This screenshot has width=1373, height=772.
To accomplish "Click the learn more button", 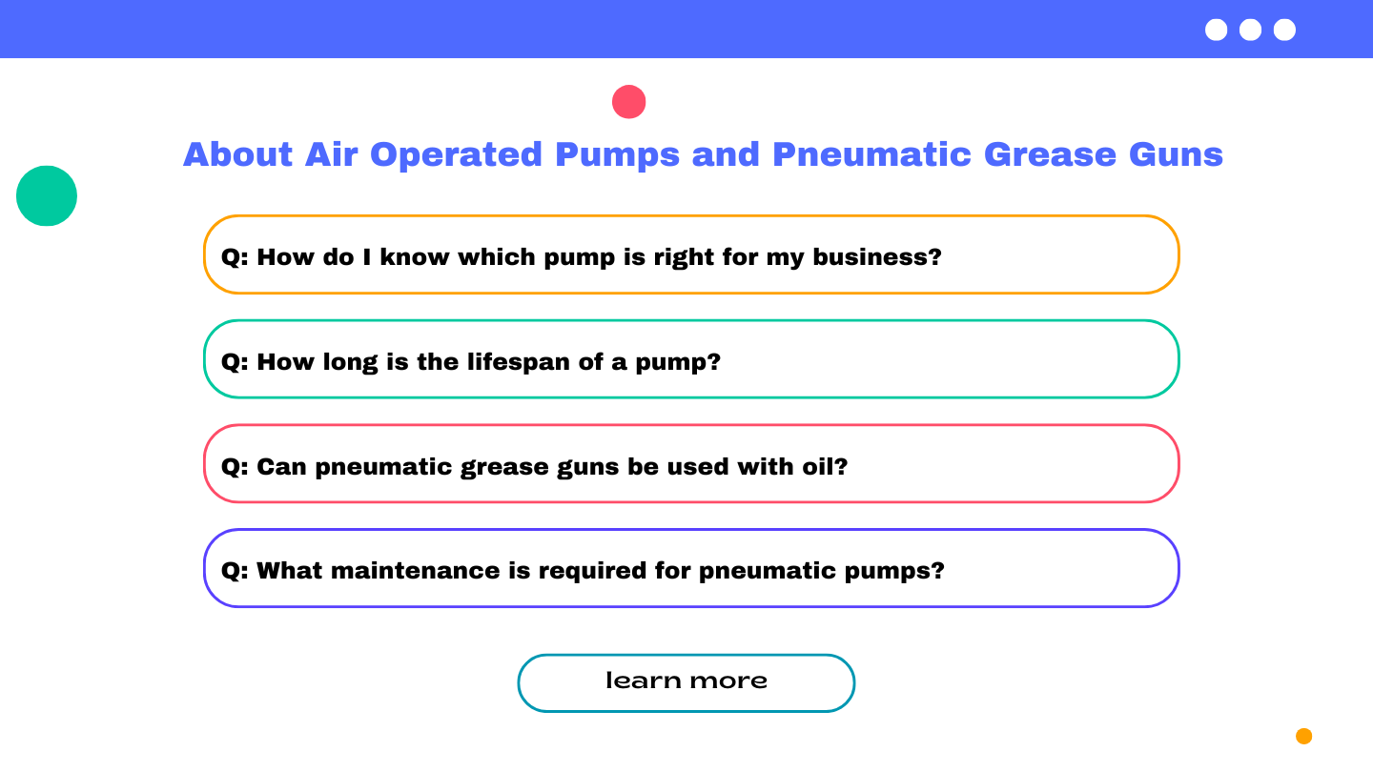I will point(686,682).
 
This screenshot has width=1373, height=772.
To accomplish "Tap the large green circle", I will point(47,196).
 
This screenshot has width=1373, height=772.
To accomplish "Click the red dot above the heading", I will point(629,102).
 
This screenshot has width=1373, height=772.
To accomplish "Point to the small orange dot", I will point(1303,736).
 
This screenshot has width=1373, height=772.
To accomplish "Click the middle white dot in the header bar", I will point(1250,30).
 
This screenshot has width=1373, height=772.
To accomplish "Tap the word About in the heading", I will point(237,154).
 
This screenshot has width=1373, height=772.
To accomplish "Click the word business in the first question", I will point(876,257).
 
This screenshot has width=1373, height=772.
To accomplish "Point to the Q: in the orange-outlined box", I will point(235,257).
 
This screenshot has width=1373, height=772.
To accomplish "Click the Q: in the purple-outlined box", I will point(235,571).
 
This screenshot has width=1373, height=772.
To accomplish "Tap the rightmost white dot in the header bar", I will point(1284,30).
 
